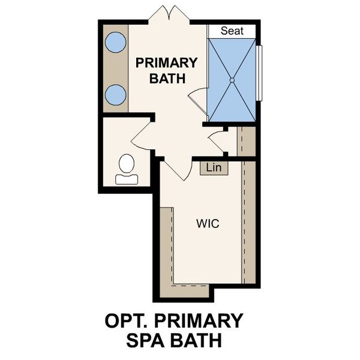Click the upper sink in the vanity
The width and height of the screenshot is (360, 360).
click(115, 43)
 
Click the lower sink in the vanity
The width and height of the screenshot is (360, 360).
click(115, 95)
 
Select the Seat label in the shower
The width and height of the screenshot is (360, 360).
click(232, 31)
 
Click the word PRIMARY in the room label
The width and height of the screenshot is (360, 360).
click(166, 63)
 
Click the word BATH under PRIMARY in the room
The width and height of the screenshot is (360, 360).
click(166, 78)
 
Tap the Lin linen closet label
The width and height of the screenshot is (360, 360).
click(214, 168)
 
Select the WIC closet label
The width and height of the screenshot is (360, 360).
click(207, 224)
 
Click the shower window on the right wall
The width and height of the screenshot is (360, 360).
click(260, 72)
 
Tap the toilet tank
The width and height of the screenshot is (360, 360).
click(127, 178)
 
